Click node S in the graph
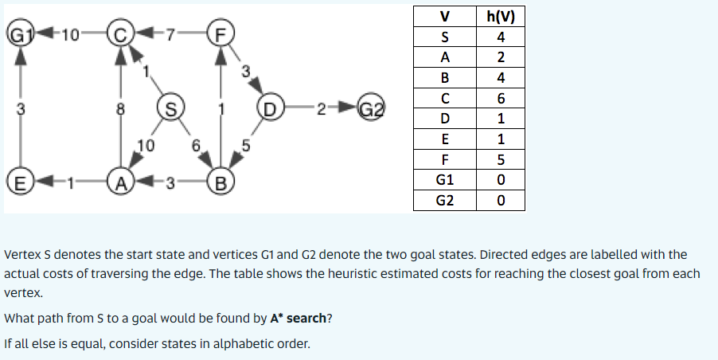[170, 106]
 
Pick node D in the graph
[269, 106]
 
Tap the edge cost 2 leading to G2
[319, 107]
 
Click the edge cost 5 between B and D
[247, 145]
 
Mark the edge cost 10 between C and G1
[69, 35]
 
